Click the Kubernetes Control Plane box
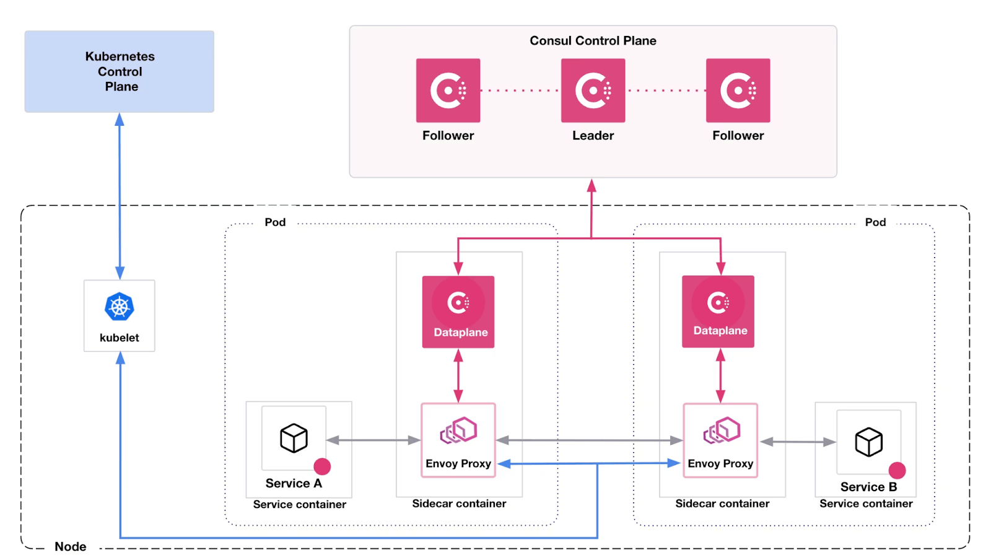click(120, 71)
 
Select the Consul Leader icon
click(593, 90)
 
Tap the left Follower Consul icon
click(448, 90)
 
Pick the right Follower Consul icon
click(738, 90)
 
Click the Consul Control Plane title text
click(593, 41)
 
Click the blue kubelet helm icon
click(120, 307)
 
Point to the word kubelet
click(120, 338)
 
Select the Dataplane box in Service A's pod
click(458, 312)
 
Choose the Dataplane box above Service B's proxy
click(718, 311)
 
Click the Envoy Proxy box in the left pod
click(458, 440)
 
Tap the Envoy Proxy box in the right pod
click(720, 440)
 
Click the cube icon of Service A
click(294, 438)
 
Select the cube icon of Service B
click(868, 442)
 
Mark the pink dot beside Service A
click(322, 466)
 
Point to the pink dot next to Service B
click(897, 470)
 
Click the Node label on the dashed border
click(71, 546)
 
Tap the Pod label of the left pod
click(275, 222)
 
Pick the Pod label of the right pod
click(875, 222)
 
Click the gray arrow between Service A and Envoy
click(373, 440)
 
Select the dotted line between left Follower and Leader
click(520, 90)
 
